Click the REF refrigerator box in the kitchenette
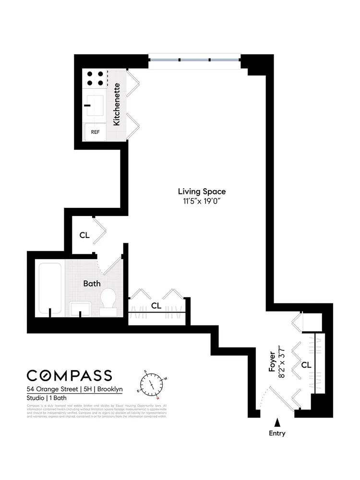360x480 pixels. pyautogui.click(x=95, y=132)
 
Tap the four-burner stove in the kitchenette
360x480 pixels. pyautogui.click(x=95, y=79)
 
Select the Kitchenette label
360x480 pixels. pyautogui.click(x=117, y=104)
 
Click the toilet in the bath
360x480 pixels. pyautogui.click(x=108, y=300)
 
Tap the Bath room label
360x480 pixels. pyautogui.click(x=92, y=283)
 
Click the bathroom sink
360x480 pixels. pyautogui.click(x=80, y=309)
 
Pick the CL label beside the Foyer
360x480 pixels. pyautogui.click(x=306, y=365)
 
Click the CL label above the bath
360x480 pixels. pyautogui.click(x=84, y=235)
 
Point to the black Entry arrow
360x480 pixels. pyautogui.click(x=277, y=422)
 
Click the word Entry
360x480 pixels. pyautogui.click(x=277, y=433)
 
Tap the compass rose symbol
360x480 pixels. pyautogui.click(x=152, y=384)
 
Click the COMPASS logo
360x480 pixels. pyautogui.click(x=69, y=375)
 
